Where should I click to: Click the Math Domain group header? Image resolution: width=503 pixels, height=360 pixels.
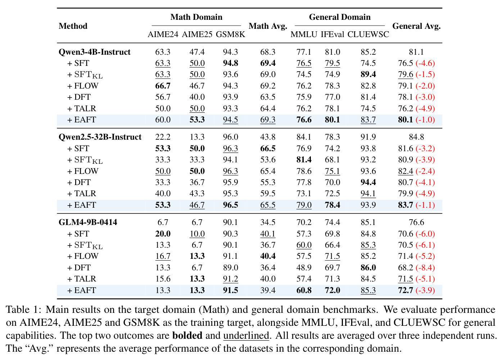point(196,17)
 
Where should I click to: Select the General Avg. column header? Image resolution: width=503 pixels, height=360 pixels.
point(416,26)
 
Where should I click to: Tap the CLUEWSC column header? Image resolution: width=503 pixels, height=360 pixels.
point(368,35)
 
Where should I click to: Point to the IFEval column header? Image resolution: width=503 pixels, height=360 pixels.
point(332,35)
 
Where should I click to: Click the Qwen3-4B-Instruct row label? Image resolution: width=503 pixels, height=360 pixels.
point(94,52)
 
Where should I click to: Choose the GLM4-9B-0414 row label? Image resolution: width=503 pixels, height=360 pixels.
point(88,222)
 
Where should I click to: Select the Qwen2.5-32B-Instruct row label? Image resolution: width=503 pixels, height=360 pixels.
point(100,137)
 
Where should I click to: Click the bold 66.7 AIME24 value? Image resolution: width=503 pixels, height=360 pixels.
point(163,86)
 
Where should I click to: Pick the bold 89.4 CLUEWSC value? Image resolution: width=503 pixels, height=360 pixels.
point(368,75)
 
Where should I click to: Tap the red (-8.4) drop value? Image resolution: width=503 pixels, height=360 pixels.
point(425,267)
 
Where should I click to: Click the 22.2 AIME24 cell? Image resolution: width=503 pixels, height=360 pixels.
point(163,137)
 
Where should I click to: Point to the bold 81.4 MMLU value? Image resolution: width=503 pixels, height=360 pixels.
point(304,159)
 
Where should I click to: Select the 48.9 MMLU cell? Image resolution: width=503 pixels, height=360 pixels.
point(304,267)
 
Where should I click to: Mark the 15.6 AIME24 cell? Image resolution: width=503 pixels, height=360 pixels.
point(163,279)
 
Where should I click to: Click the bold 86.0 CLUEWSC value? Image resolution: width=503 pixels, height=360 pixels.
point(368,267)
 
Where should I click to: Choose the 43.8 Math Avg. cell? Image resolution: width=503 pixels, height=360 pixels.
point(268,137)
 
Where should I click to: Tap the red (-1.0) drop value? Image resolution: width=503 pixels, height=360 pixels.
point(425,120)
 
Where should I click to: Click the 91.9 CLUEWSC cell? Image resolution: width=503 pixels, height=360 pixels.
point(368,137)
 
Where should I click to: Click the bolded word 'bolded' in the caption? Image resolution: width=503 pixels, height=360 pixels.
point(187,336)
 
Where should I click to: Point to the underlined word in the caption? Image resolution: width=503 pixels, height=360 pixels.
point(246,336)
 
